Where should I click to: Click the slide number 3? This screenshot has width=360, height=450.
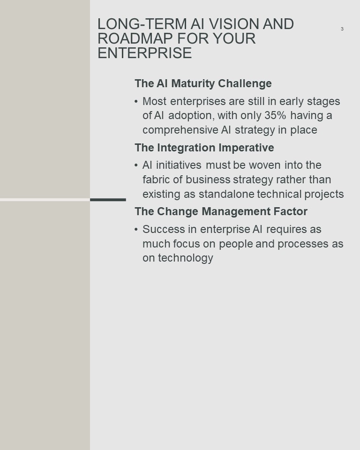pyautogui.click(x=342, y=29)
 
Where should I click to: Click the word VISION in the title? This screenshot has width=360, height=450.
pyautogui.click(x=230, y=24)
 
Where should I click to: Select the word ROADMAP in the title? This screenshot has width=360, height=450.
pyautogui.click(x=135, y=38)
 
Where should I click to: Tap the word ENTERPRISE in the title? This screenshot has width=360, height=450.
pyautogui.click(x=145, y=53)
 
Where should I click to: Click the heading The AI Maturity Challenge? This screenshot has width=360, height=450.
pyautogui.click(x=203, y=83)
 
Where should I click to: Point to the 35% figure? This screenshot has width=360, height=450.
pyautogui.click(x=275, y=115)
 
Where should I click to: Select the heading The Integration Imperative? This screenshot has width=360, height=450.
pyautogui.click(x=204, y=148)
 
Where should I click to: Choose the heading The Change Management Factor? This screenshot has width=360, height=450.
pyautogui.click(x=221, y=211)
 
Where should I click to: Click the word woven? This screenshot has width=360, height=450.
pyautogui.click(x=264, y=165)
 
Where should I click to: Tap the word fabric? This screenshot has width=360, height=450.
pyautogui.click(x=157, y=180)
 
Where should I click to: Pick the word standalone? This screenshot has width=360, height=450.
pyautogui.click(x=226, y=194)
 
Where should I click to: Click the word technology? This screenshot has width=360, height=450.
pyautogui.click(x=186, y=258)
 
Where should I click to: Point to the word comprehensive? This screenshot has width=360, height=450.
pyautogui.click(x=180, y=130)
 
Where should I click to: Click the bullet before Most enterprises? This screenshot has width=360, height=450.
pyautogui.click(x=136, y=101)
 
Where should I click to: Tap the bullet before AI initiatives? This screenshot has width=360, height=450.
pyautogui.click(x=136, y=165)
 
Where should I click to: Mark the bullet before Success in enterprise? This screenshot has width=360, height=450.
pyautogui.click(x=136, y=229)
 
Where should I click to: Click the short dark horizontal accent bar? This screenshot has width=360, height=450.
pyautogui.click(x=108, y=200)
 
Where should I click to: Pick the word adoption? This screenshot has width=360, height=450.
pyautogui.click(x=191, y=116)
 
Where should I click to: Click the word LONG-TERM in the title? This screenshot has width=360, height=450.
pyautogui.click(x=142, y=24)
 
